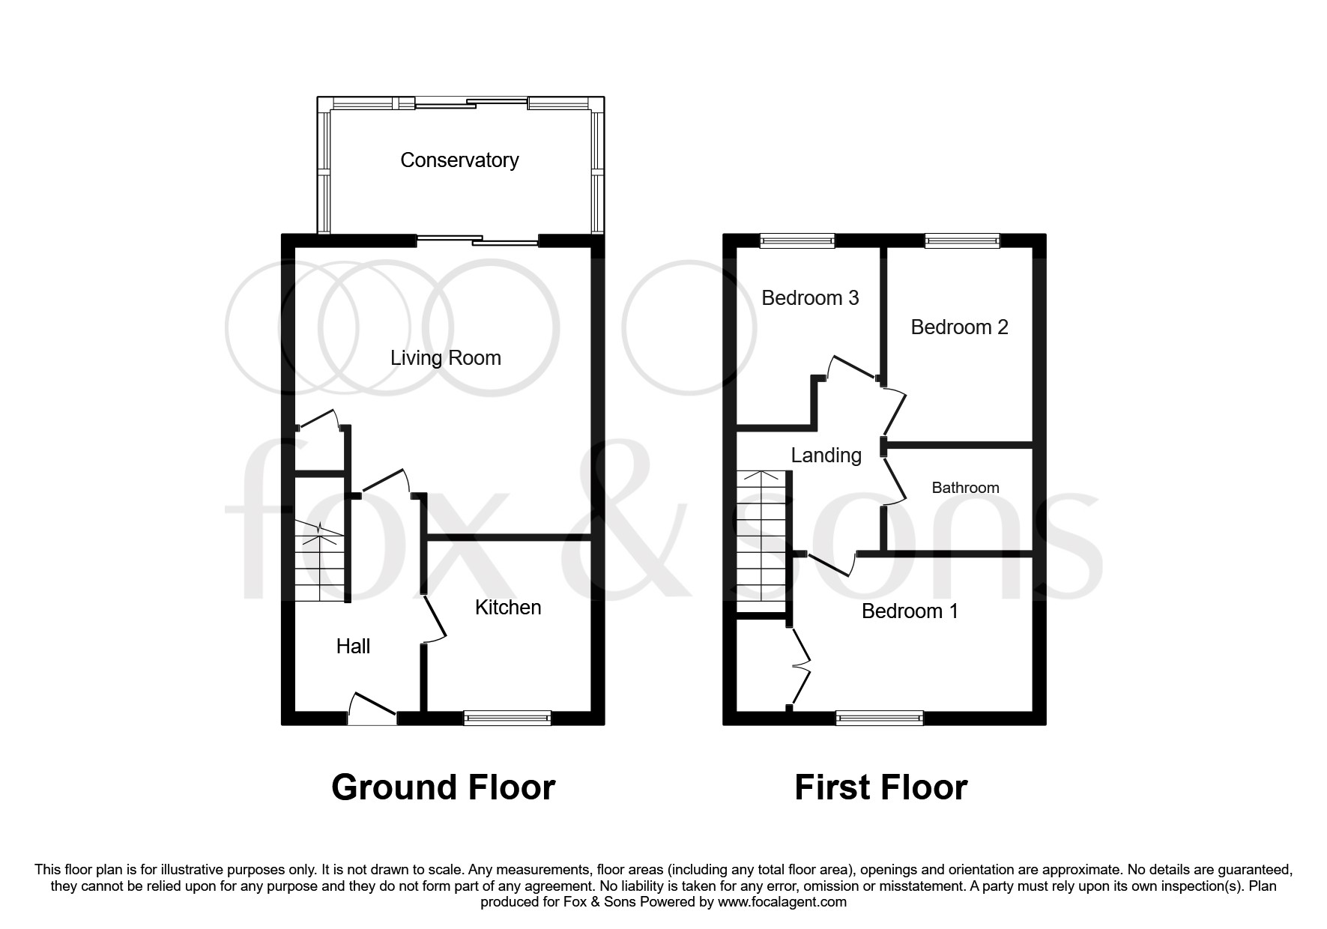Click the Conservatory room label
coord(459,160)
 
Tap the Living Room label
coord(446,358)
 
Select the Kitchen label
coord(508,608)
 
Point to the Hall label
coord(353,647)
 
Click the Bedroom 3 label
coord(810,298)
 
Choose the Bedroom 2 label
coord(959,327)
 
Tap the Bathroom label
coord(965,488)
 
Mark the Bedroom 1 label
coord(910,611)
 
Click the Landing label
coord(826,456)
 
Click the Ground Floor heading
coord(443,788)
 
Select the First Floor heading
coord(880,788)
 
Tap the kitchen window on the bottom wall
coord(507,718)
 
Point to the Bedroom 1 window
coord(880,718)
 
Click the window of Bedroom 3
coord(796,240)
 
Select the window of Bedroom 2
coord(962,240)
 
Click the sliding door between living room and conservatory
coord(477,240)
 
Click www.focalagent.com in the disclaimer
coord(782,903)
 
